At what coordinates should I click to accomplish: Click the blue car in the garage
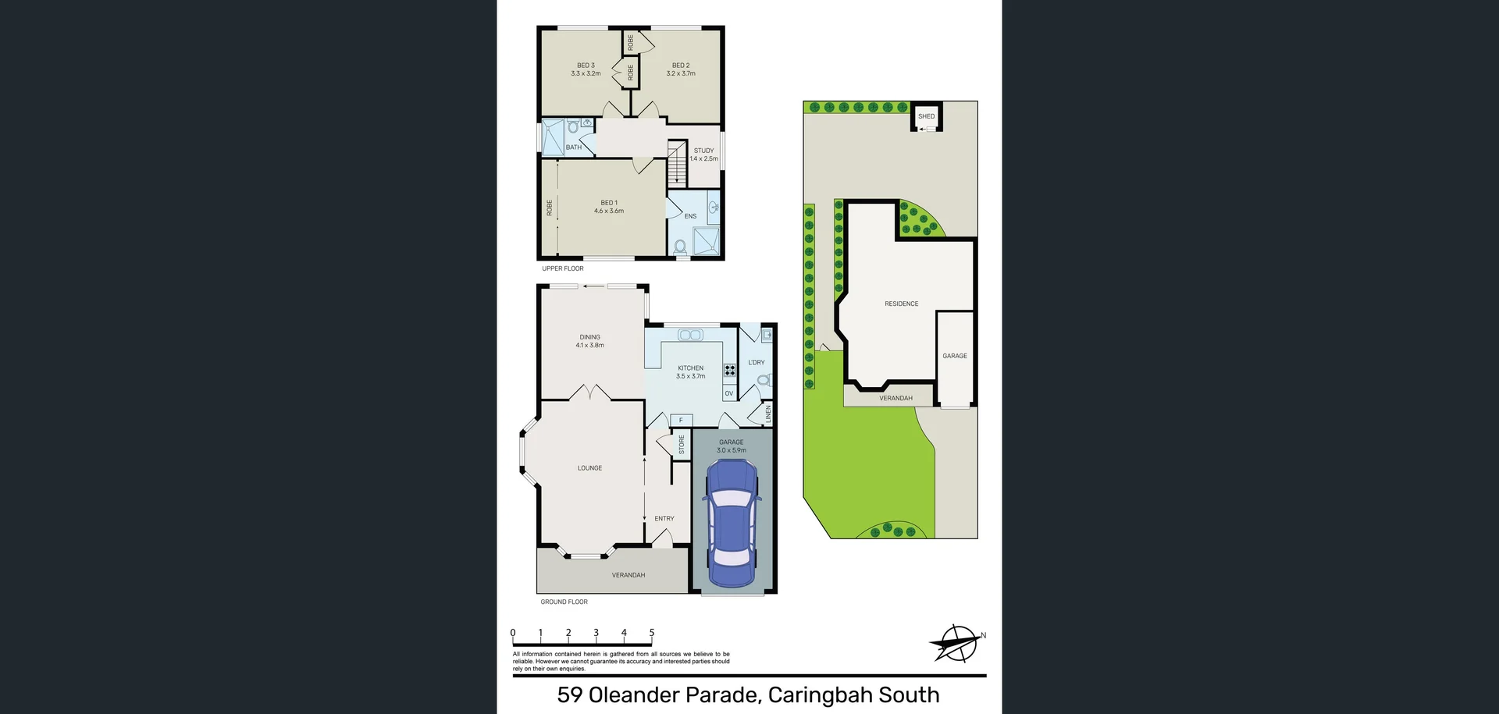point(731,523)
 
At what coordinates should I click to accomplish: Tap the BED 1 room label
point(609,203)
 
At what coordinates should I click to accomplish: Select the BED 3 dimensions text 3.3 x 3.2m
point(586,73)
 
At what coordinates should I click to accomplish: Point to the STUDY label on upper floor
point(703,151)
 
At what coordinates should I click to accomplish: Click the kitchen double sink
point(690,336)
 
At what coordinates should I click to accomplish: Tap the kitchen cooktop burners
point(729,370)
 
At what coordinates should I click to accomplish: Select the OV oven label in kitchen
point(728,393)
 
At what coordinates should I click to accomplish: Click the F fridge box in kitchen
point(681,420)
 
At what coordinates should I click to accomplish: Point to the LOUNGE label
point(589,468)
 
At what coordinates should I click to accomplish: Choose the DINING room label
point(589,337)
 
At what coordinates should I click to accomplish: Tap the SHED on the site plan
point(926,116)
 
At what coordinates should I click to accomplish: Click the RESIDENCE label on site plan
point(901,304)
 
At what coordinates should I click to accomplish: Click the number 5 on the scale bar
point(651,633)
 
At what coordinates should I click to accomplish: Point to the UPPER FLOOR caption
point(562,268)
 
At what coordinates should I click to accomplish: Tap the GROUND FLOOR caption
point(564,602)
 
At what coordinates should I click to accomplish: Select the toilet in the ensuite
point(680,247)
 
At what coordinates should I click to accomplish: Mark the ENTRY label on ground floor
point(664,518)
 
